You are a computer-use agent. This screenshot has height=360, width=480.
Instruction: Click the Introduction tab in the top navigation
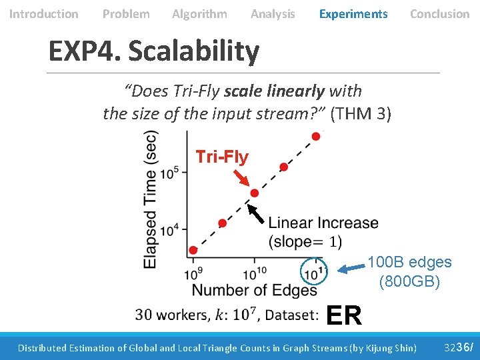(43, 14)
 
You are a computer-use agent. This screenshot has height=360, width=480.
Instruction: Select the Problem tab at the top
(126, 14)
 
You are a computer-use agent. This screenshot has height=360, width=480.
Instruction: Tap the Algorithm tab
(199, 14)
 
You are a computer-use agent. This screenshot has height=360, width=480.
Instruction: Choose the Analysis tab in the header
(273, 14)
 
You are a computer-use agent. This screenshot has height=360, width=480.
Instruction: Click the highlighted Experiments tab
(353, 14)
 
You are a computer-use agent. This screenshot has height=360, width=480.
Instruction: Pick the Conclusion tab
(439, 14)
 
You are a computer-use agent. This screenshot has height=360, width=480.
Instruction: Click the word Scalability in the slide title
(193, 51)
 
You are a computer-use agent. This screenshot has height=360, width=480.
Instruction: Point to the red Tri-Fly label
(222, 157)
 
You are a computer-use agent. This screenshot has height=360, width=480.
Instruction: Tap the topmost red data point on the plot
(315, 136)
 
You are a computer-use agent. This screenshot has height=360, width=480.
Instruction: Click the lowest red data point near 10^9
(193, 250)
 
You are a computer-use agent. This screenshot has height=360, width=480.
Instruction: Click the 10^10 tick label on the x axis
(254, 272)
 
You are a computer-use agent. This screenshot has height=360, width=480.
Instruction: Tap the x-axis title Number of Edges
(254, 290)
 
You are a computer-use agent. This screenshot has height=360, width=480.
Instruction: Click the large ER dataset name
(344, 315)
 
